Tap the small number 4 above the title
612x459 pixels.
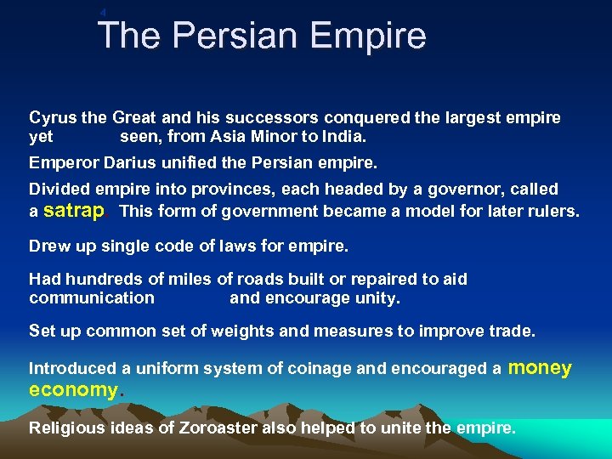pos(103,12)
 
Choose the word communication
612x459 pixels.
pos(92,298)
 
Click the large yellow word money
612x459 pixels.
pos(540,367)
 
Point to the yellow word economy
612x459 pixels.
pos(73,390)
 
